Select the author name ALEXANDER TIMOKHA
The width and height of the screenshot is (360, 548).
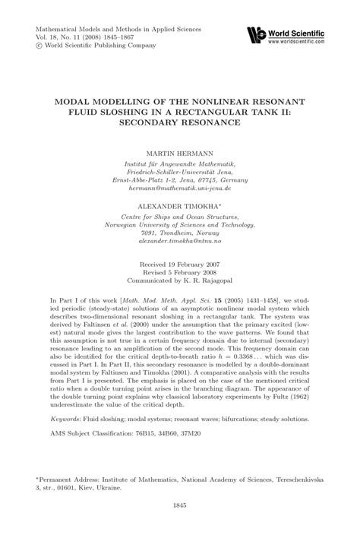178,185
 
